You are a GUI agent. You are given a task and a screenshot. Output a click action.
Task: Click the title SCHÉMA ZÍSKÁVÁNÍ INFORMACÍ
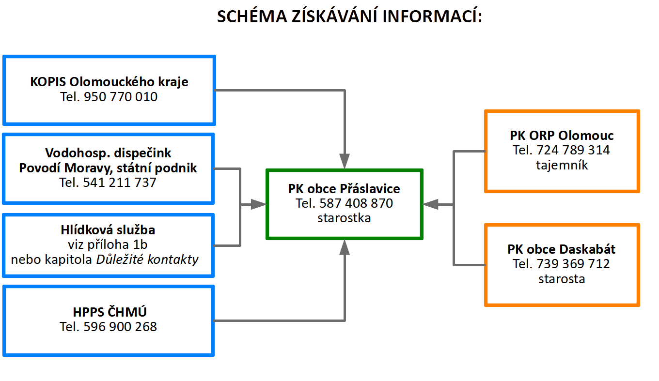[x=349, y=17]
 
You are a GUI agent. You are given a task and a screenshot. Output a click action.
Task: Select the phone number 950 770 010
[x=121, y=97]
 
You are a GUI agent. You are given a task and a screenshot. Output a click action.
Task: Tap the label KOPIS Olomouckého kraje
[x=109, y=82]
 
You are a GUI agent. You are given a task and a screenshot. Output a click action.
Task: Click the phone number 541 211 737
[x=120, y=183]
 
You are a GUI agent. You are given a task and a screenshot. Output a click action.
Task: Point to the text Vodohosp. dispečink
[x=108, y=153]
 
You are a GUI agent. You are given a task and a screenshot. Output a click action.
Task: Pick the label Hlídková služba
[x=108, y=230]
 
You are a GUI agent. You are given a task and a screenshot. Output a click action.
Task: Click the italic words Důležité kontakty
[x=147, y=259]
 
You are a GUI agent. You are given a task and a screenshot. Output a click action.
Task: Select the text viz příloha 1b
[x=108, y=244]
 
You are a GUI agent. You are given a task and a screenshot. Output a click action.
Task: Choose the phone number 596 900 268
[x=120, y=327]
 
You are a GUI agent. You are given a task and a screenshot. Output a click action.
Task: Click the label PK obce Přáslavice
[x=344, y=188]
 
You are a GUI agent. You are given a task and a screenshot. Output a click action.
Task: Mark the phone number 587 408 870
[x=356, y=203]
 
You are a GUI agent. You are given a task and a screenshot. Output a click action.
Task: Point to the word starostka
[x=344, y=218]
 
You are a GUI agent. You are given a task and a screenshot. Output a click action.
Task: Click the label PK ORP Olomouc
[x=562, y=135]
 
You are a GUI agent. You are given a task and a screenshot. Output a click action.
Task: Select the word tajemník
[x=562, y=165]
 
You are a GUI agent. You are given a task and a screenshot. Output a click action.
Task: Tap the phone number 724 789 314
[x=573, y=150]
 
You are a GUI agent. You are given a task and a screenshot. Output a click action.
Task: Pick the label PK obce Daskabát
[x=562, y=249]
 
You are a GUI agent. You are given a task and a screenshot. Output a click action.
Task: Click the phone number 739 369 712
[x=573, y=264]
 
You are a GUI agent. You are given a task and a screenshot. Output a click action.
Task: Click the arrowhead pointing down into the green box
[x=344, y=161]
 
